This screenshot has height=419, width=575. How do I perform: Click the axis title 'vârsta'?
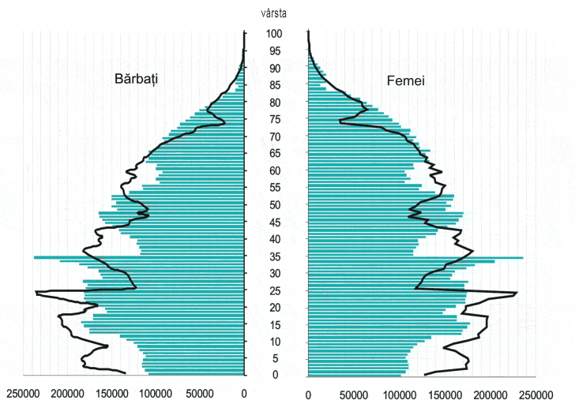pyautogui.click(x=275, y=12)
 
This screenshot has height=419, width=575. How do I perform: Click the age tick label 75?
pyautogui.click(x=274, y=119)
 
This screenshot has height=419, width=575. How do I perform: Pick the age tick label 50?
pyautogui.click(x=274, y=204)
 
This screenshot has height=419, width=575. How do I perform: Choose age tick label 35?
pyautogui.click(x=274, y=256)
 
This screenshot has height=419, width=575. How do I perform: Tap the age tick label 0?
pyautogui.click(x=274, y=375)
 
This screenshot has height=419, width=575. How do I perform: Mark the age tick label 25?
pyautogui.click(x=274, y=290)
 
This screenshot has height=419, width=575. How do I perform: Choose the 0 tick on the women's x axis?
pyautogui.click(x=308, y=393)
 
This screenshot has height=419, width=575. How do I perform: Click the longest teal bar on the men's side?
pyautogui.click(x=118, y=257)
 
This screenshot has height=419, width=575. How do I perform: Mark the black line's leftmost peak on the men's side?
pyautogui.click(x=36, y=294)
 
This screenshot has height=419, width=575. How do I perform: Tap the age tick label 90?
pyautogui.click(x=274, y=68)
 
